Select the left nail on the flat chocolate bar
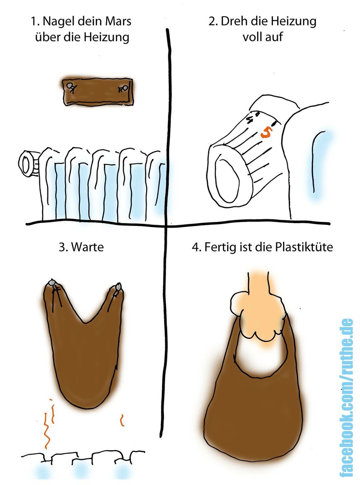click(x=72, y=86)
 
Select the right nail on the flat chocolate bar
click(x=124, y=88)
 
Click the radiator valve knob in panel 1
click(x=28, y=163)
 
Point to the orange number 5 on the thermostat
click(x=265, y=132)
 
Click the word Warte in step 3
click(x=87, y=247)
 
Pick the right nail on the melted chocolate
click(x=118, y=287)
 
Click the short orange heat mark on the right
click(x=121, y=420)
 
